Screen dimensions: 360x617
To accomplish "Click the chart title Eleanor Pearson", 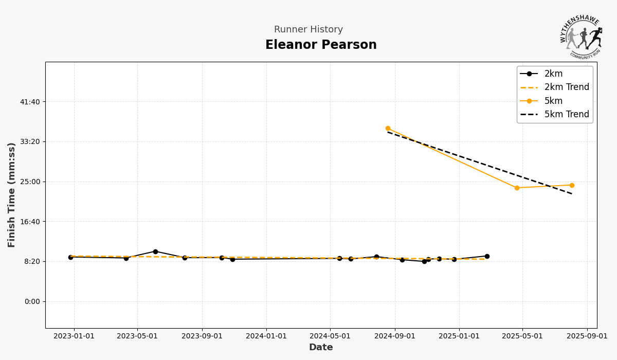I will coord(321,45).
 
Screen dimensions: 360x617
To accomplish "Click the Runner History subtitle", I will coord(308,30).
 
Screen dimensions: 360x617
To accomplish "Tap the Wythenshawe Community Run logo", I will coord(581,38).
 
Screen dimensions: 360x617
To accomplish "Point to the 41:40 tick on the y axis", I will coord(30,102).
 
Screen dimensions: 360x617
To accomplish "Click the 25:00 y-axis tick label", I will coord(30,182).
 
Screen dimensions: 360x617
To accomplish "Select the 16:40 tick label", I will coord(30,222).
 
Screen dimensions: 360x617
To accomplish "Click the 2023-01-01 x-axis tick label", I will coord(74,336).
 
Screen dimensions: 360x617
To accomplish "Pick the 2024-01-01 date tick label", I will coord(266,336).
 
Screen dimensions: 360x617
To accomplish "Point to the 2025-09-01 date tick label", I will coord(587,336).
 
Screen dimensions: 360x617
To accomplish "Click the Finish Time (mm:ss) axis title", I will coord(12,195).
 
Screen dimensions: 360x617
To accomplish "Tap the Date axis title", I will coord(321,348).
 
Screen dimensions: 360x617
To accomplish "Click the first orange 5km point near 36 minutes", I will coord(388,129).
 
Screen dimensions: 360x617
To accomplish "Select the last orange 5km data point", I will coord(572,185).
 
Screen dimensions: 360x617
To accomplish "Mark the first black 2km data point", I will coord(70,257).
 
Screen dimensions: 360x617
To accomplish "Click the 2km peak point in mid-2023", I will coord(155,251).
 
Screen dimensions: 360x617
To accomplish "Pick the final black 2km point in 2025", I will coord(487,256).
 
